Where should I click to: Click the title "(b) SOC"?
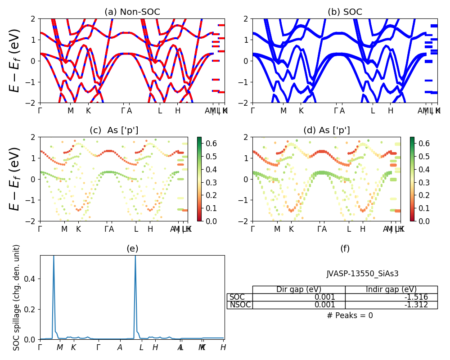[x=345, y=12]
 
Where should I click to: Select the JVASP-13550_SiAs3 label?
[x=362, y=274]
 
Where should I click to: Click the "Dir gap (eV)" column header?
[x=299, y=289]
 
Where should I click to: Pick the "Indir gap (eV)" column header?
[x=391, y=289]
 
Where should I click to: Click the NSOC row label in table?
[x=239, y=305]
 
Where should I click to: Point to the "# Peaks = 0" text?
[x=350, y=315]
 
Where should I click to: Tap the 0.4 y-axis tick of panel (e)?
[x=32, y=279]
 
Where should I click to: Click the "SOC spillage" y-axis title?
[x=17, y=297]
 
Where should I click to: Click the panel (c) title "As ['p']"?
[x=114, y=130]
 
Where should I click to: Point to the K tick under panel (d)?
[x=291, y=229]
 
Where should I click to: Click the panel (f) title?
[x=345, y=249]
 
